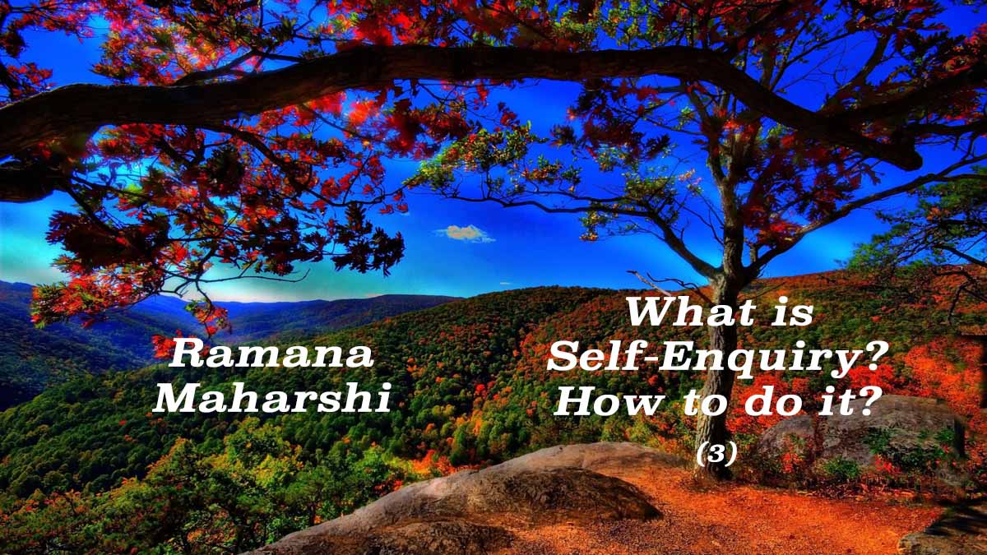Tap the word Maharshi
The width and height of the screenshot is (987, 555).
point(272,398)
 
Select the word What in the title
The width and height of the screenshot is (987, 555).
point(687,312)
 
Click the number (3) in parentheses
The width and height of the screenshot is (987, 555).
point(716,454)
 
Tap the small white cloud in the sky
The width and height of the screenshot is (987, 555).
point(466,233)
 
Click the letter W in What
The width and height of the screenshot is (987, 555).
point(650,312)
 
